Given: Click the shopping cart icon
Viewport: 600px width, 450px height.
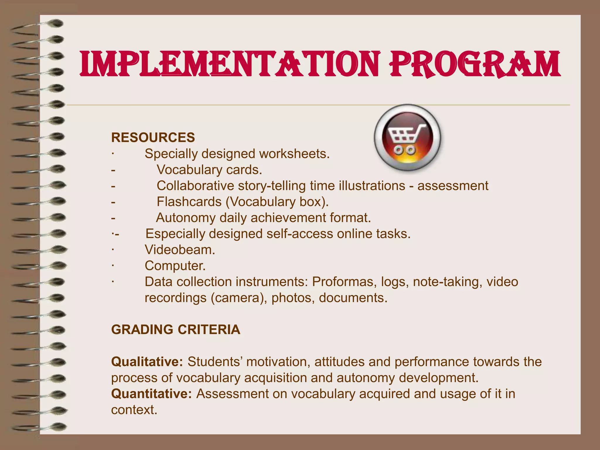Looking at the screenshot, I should tap(408, 138).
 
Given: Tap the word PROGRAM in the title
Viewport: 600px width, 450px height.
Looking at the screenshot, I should tap(474, 64).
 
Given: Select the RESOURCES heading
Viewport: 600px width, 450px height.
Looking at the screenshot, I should tap(153, 138).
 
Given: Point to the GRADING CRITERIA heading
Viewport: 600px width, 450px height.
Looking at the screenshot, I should tap(175, 330).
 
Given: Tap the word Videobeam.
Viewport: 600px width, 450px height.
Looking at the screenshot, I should tap(180, 250).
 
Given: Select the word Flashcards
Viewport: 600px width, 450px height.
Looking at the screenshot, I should tap(189, 202).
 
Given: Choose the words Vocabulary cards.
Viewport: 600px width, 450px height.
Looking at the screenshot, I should tap(209, 170).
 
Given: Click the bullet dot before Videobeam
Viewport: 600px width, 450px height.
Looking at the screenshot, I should tap(112, 250).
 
